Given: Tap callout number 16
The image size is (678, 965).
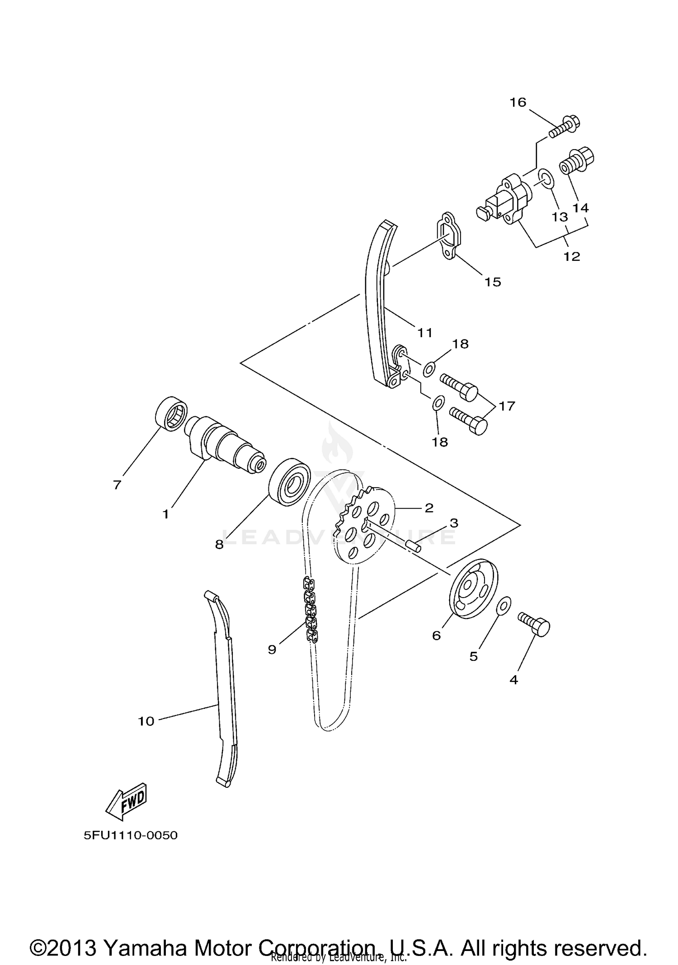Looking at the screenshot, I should tap(518, 103).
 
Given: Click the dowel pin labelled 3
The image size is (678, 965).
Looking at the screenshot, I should tap(413, 544).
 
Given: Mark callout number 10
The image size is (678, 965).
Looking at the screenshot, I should tap(146, 721).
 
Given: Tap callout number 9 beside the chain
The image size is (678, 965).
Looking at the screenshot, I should tap(272, 650).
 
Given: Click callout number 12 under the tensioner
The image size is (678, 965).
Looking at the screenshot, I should tap(571, 256).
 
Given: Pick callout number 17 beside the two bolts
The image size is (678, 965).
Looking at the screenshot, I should tap(507, 406).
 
